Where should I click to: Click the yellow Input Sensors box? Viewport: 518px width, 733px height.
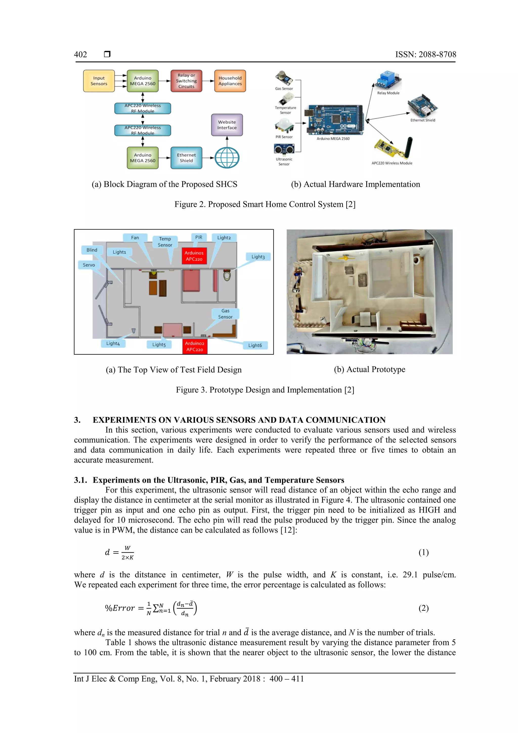(x=99, y=81)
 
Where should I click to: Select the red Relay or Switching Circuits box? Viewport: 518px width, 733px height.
(x=186, y=81)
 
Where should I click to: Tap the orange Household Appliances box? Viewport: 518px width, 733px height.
(x=230, y=81)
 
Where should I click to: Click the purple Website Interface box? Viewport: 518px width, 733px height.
(x=227, y=125)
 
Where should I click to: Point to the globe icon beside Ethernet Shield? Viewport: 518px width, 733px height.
(x=227, y=158)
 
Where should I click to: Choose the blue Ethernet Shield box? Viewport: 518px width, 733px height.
(x=186, y=158)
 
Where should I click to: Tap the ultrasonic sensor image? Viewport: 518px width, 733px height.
(x=284, y=149)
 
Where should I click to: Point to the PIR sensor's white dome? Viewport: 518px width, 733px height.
(x=285, y=123)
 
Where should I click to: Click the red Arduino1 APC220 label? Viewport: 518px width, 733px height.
(x=194, y=256)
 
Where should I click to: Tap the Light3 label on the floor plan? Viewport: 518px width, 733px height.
(x=258, y=257)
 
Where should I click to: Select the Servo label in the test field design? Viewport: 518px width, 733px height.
(x=89, y=265)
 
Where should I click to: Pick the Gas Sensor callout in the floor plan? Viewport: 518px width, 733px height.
(x=225, y=314)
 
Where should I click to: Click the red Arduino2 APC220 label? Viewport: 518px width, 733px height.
(x=195, y=346)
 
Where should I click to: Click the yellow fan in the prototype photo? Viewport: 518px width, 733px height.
(x=345, y=257)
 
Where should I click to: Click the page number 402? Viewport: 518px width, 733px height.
(x=80, y=55)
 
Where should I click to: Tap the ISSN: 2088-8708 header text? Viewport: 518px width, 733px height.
(x=425, y=55)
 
